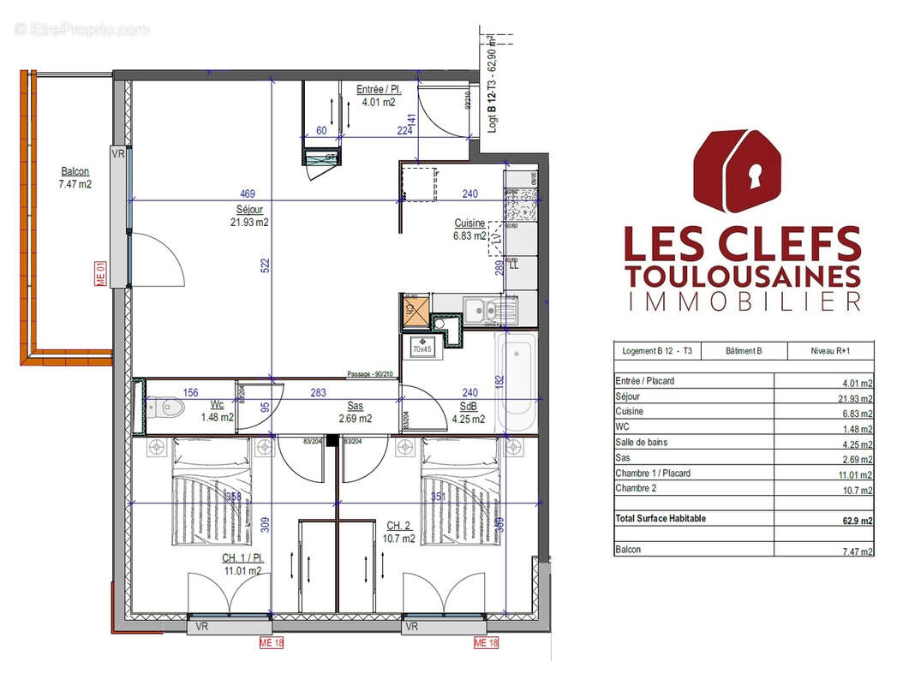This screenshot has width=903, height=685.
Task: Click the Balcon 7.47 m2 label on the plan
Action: click(75, 177)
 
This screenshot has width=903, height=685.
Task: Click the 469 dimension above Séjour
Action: click(248, 194)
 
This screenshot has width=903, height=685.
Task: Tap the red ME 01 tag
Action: click(99, 274)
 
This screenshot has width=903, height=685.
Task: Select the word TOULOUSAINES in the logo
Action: click(742, 276)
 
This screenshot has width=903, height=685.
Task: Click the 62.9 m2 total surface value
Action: click(857, 520)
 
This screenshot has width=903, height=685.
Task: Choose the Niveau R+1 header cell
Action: click(830, 351)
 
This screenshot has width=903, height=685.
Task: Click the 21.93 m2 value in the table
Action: click(856, 398)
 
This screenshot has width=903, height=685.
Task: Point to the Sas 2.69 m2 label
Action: click(355, 413)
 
